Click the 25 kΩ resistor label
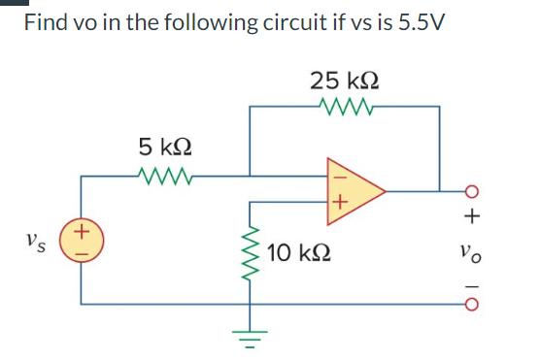[345, 79]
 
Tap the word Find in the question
[47, 21]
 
